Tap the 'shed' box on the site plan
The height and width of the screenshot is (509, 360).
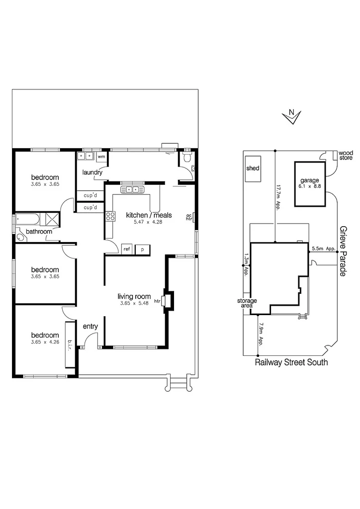pos(253,169)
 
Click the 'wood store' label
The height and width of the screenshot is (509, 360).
pos(345,156)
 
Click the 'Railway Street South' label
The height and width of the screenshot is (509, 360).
pos(291,362)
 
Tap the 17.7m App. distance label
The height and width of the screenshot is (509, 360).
pos(278,198)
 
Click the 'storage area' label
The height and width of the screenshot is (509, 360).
pos(247,303)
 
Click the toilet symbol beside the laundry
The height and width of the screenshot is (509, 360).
pos(186,158)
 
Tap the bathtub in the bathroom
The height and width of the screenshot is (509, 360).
pos(28,219)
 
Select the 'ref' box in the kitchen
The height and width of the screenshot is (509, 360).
pos(127,249)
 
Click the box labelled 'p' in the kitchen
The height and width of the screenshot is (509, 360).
pos(142,249)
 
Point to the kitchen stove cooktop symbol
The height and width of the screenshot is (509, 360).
pos(110,216)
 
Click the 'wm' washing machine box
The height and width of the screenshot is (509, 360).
pos(101,157)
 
